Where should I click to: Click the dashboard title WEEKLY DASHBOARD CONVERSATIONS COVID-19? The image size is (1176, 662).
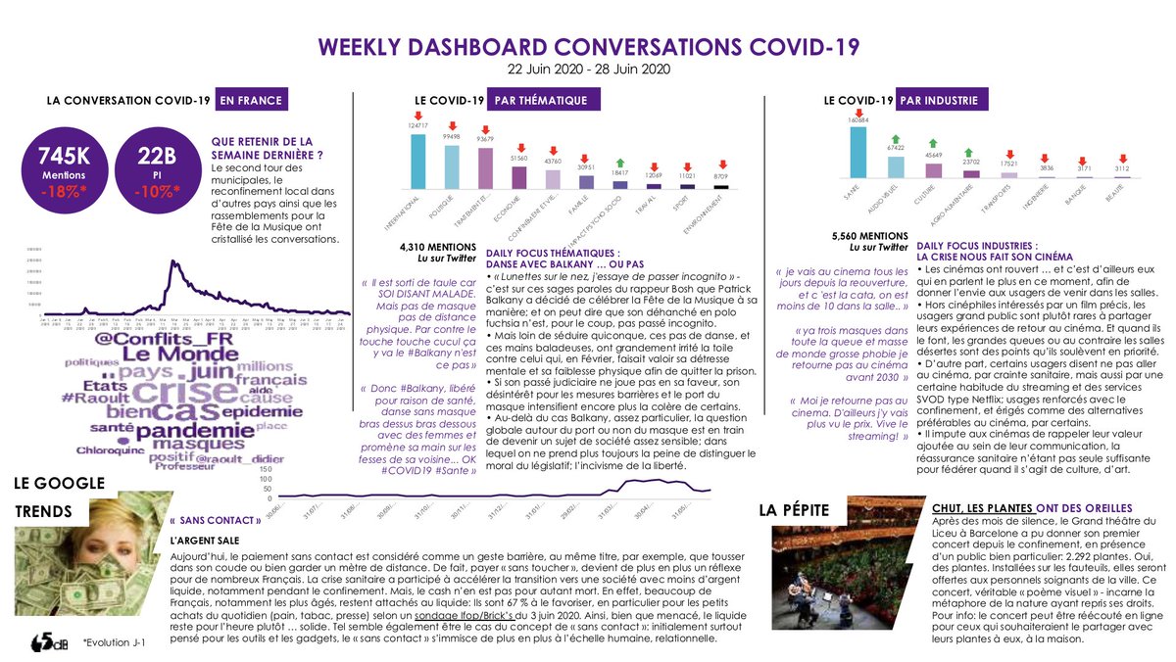(588, 46)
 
